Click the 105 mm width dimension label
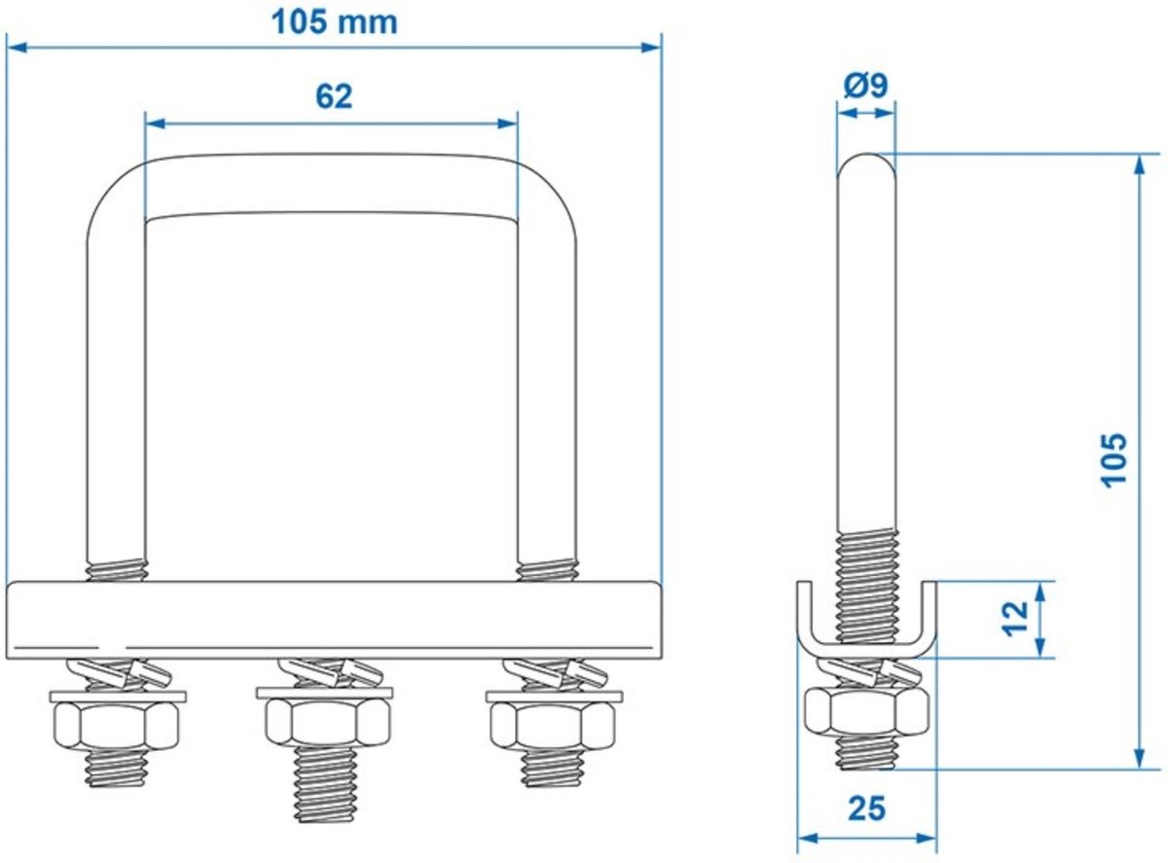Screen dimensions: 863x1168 click(334, 21)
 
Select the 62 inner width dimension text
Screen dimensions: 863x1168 click(333, 96)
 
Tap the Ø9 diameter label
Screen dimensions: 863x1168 click(864, 87)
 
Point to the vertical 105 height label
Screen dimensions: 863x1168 click(1114, 458)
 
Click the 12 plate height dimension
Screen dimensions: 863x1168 click(1014, 617)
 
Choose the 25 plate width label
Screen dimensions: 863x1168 click(865, 809)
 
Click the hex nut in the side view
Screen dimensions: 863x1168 click(865, 713)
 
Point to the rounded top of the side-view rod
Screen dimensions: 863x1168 click(865, 165)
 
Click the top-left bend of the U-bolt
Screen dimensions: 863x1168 click(117, 190)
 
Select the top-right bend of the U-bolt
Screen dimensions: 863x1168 click(545, 190)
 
